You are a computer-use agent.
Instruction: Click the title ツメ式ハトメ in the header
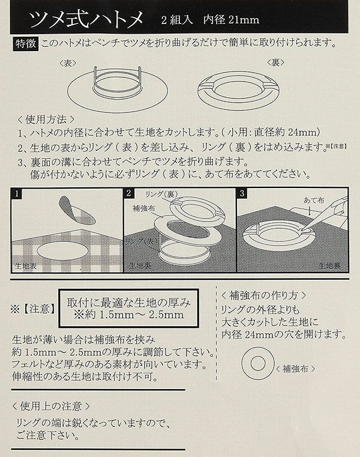click(x=86, y=19)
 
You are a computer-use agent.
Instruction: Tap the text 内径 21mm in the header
click(x=231, y=20)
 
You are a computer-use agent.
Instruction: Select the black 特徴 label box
click(x=26, y=44)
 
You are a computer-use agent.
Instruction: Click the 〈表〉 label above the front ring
click(x=68, y=63)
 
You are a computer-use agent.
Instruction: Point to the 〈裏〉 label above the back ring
click(x=275, y=63)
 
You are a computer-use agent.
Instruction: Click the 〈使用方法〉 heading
click(x=46, y=120)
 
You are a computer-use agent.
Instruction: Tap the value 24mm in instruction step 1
click(x=302, y=132)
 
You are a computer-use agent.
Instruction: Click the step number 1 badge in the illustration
click(x=17, y=193)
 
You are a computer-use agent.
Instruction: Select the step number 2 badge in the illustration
click(x=129, y=193)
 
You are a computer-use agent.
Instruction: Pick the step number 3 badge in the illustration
click(x=242, y=193)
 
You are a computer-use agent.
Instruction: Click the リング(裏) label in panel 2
click(x=161, y=195)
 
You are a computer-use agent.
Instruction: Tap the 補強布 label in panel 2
click(x=143, y=208)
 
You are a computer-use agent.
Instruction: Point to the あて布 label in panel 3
click(x=314, y=200)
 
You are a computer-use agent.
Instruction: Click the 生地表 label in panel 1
click(x=26, y=266)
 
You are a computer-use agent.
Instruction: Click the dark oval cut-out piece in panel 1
click(x=77, y=210)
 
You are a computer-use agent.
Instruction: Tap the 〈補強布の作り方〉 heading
click(x=263, y=295)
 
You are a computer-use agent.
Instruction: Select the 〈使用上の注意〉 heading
click(x=51, y=406)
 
